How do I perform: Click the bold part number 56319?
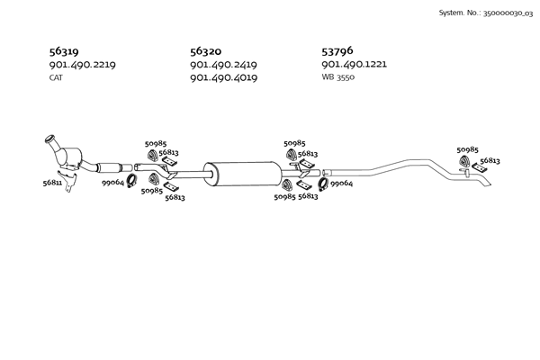click(64, 51)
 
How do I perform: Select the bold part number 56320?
click(205, 51)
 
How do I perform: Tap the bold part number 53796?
click(337, 51)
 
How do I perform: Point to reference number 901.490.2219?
click(82, 65)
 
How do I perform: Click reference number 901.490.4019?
click(223, 78)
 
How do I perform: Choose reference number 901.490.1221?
click(354, 64)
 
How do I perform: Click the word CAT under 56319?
click(56, 78)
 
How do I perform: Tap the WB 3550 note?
click(337, 77)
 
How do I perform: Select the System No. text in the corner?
click(486, 13)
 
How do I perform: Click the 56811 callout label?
click(52, 183)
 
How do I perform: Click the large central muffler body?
click(242, 174)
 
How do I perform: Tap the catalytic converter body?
click(70, 157)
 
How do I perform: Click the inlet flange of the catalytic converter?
click(50, 139)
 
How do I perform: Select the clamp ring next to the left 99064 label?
click(131, 181)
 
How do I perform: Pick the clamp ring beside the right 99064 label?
click(323, 184)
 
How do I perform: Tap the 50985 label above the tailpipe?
click(467, 150)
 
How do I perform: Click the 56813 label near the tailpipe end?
click(490, 160)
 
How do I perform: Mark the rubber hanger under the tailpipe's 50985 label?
click(464, 161)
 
